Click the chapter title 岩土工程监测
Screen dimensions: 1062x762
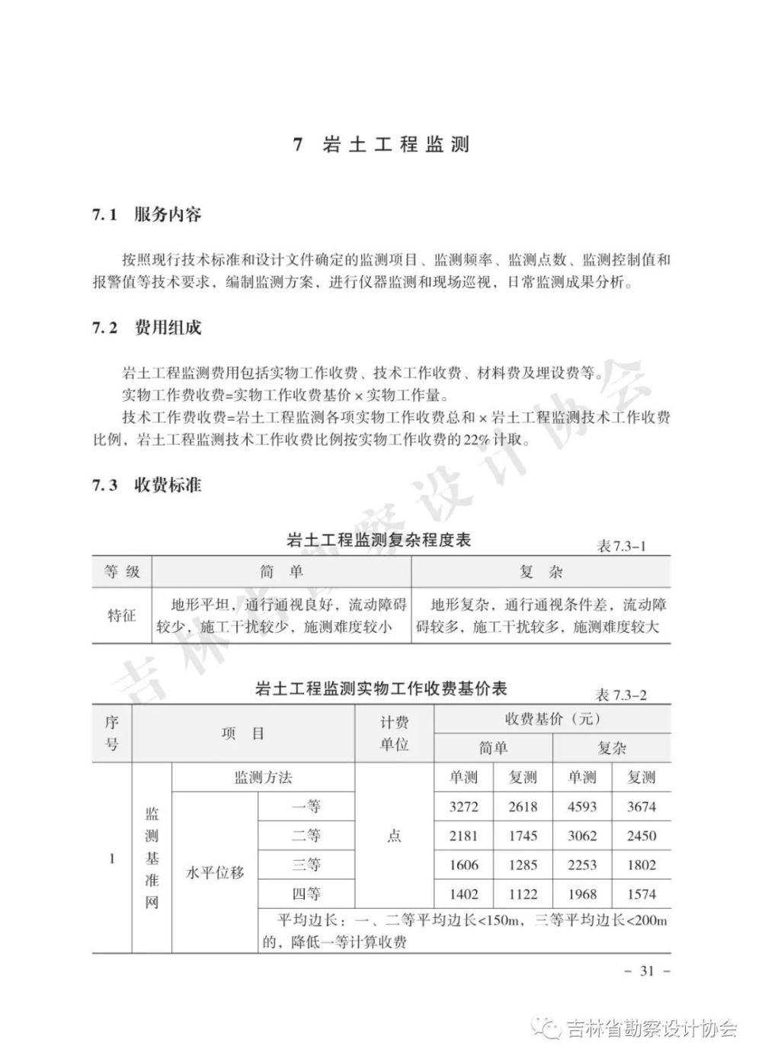395,145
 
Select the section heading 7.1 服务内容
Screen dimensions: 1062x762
147,215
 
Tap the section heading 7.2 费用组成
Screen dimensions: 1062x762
147,329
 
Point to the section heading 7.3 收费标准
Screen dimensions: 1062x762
147,486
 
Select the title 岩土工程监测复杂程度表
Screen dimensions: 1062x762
378,541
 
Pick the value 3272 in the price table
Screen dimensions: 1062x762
463,807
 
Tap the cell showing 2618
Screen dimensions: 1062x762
523,807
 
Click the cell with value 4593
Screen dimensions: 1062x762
582,807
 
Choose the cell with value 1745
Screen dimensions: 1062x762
523,836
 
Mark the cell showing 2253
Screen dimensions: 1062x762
582,865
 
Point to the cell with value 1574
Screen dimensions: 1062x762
641,894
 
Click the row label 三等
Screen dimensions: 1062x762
306,865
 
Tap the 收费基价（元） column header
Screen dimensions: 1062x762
552,719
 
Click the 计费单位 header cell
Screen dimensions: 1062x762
394,733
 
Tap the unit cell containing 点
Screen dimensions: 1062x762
394,836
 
